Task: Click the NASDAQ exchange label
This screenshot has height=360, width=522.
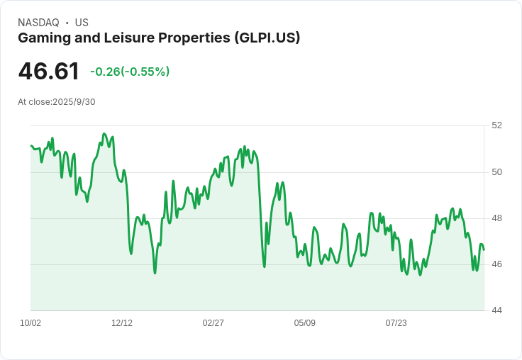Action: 38,23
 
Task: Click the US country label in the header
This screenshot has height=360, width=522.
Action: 82,23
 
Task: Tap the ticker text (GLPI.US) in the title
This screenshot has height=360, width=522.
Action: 267,38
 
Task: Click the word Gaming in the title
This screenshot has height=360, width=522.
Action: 41,38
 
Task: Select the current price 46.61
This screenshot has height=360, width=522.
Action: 48,72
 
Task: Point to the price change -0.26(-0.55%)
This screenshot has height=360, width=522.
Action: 130,72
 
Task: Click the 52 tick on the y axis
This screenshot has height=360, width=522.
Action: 496,125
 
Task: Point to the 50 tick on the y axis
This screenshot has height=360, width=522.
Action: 496,172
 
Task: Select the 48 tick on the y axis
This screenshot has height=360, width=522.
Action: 496,218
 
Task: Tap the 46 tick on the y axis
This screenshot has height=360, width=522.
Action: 496,264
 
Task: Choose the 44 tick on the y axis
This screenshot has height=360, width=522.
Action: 496,310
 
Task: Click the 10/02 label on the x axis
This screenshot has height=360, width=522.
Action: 30,323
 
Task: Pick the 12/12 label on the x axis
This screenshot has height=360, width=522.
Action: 122,323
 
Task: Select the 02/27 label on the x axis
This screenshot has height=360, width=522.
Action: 213,323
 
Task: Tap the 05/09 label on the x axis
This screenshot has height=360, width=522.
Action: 305,323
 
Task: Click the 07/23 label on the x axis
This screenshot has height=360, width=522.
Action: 396,323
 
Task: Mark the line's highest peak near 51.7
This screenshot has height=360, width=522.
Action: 104,133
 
